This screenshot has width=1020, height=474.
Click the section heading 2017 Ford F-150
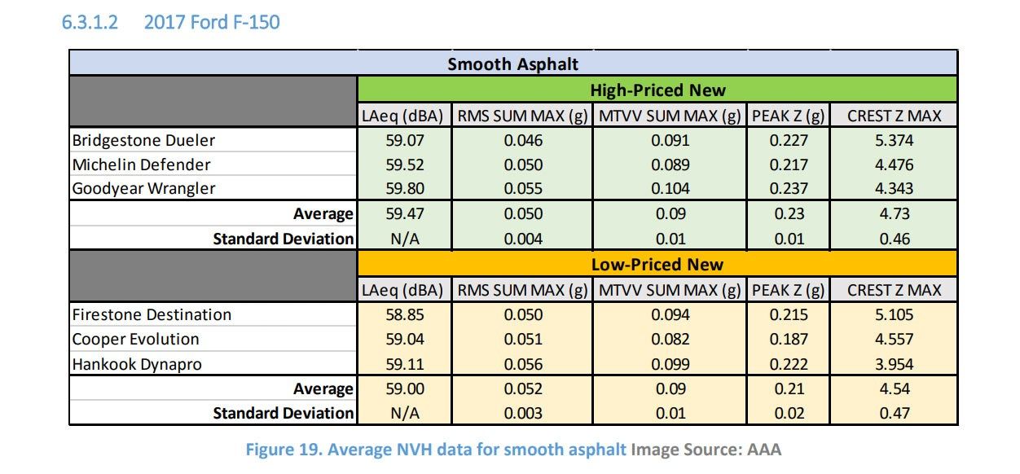pyautogui.click(x=210, y=22)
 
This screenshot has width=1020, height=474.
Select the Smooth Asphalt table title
pyautogui.click(x=512, y=64)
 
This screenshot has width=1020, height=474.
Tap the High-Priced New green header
pyautogui.click(x=657, y=90)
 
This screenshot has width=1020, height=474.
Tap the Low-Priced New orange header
pyautogui.click(x=657, y=264)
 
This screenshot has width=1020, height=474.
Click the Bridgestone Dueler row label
pyautogui.click(x=143, y=140)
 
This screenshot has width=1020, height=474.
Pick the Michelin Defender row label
pyautogui.click(x=142, y=165)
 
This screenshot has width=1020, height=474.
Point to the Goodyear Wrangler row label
pyautogui.click(x=144, y=188)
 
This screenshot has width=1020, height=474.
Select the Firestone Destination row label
pyautogui.click(x=152, y=314)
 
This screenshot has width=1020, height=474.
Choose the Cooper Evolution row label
pyautogui.click(x=135, y=339)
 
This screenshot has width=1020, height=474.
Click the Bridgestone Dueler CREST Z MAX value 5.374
pyautogui.click(x=894, y=140)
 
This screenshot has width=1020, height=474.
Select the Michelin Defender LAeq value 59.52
pyautogui.click(x=405, y=165)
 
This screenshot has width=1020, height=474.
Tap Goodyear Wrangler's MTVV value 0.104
pyautogui.click(x=670, y=188)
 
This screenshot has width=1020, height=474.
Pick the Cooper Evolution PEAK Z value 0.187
pyautogui.click(x=789, y=339)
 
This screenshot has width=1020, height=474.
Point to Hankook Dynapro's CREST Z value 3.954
pyautogui.click(x=894, y=363)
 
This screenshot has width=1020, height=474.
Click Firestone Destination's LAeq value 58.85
pyautogui.click(x=405, y=314)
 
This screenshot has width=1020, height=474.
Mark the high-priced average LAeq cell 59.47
pyautogui.click(x=405, y=214)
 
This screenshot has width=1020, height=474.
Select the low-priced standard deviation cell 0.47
pyautogui.click(x=894, y=413)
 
